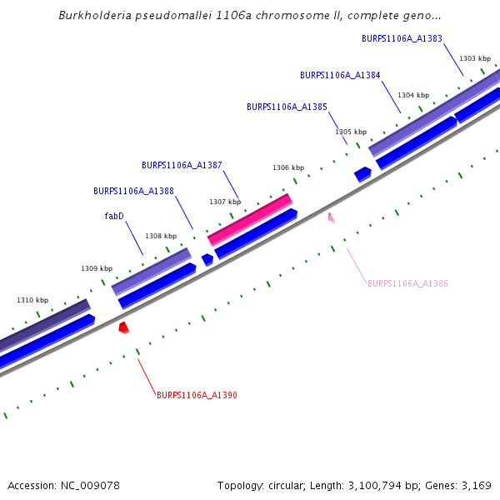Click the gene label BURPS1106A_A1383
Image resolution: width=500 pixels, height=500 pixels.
(402, 38)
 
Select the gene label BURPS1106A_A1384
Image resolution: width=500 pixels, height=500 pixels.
(340, 75)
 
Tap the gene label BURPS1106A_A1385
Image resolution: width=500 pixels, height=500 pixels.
(287, 107)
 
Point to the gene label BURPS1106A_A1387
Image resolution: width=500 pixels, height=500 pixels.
(182, 165)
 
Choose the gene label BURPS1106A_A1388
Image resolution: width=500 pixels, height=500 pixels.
(133, 191)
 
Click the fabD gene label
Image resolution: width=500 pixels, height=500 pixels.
(114, 216)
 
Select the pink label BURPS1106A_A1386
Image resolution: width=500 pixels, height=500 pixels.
(407, 284)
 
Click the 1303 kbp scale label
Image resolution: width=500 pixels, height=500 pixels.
(474, 58)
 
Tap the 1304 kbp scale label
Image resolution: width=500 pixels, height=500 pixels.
(413, 95)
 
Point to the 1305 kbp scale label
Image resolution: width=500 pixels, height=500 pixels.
(351, 132)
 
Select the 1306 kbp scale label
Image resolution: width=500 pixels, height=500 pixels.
(288, 167)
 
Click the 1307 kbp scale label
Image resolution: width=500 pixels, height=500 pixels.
(225, 202)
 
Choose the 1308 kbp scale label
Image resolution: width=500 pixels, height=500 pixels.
(161, 236)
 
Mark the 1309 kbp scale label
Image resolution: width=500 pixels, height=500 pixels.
(97, 268)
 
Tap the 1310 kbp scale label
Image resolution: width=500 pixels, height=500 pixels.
(32, 300)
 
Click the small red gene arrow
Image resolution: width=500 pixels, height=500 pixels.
(123, 327)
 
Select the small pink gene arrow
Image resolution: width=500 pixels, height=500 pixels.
(332, 218)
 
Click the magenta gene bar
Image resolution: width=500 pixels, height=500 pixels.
(250, 219)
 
